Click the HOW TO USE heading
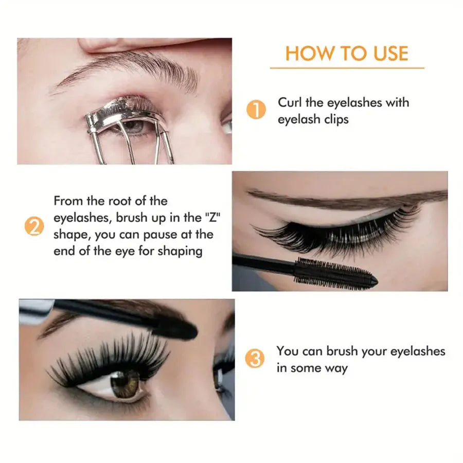point(347,53)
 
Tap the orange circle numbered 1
point(256,110)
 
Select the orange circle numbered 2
point(33,227)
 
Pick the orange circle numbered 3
point(256,359)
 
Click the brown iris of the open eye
point(125,384)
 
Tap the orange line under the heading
point(347,68)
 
